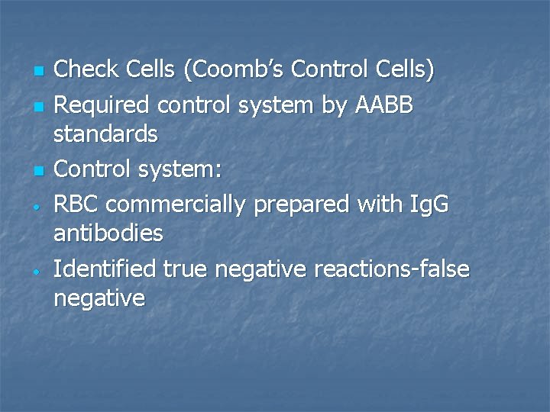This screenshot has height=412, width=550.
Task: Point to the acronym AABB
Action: click(384, 106)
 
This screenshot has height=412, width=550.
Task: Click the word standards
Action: click(105, 135)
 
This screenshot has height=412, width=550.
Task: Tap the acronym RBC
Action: click(76, 204)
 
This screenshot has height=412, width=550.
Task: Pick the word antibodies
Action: click(108, 233)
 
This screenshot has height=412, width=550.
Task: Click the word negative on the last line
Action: click(99, 298)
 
